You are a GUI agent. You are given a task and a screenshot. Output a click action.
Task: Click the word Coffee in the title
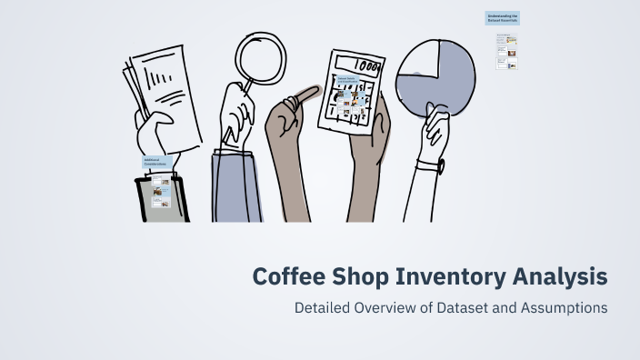(x=285, y=275)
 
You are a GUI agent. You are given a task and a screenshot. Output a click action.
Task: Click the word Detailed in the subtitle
(x=321, y=307)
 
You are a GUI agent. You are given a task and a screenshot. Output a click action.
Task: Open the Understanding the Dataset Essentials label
(x=503, y=19)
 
